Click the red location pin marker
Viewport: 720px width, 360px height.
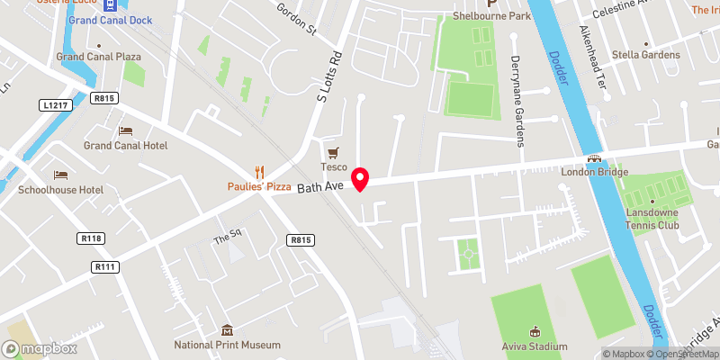361,178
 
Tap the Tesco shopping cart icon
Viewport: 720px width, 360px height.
334,153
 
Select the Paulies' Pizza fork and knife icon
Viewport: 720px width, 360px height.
260,171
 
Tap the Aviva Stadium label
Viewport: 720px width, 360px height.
535,346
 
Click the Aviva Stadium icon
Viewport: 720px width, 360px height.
535,331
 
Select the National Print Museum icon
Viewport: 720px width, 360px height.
227,331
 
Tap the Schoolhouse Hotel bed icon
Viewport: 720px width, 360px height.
60,175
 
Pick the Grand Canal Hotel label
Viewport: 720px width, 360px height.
125,145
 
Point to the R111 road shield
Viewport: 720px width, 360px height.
105,266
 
